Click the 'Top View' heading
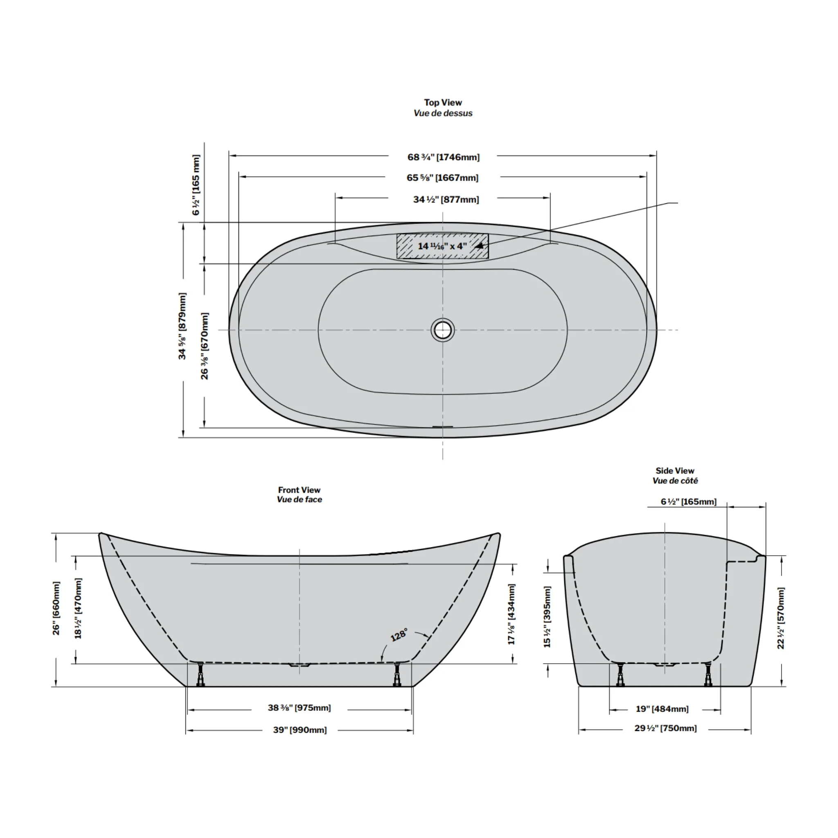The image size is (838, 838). (x=443, y=102)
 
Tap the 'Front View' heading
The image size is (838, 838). (x=299, y=490)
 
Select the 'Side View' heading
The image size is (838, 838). (x=675, y=471)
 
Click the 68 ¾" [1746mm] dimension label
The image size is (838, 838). (x=443, y=157)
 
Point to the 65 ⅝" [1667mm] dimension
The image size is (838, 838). (x=442, y=178)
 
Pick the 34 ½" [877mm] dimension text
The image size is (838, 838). (x=446, y=200)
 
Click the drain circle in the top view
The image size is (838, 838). (x=442, y=330)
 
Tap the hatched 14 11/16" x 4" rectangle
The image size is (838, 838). (x=442, y=246)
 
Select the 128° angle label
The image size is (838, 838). (x=399, y=635)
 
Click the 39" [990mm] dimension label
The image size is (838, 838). (x=300, y=730)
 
